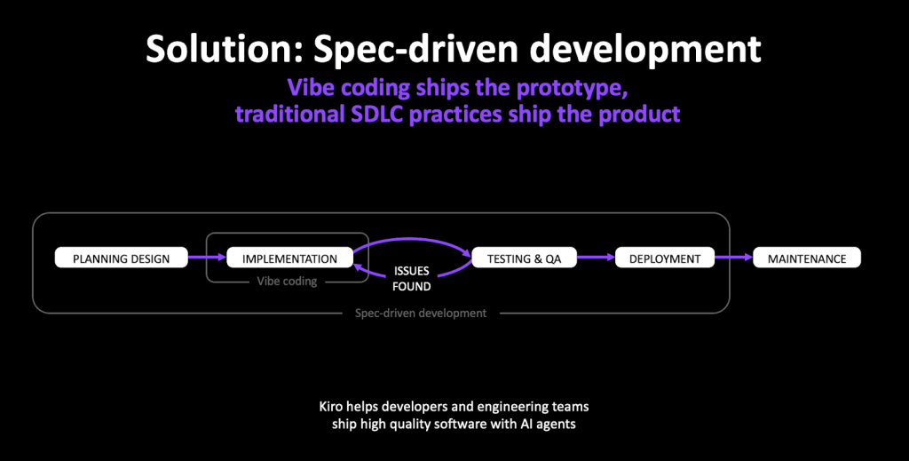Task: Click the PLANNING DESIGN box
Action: [121, 258]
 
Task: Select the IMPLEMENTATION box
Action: [290, 258]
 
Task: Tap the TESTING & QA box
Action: [524, 258]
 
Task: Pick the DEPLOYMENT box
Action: [665, 258]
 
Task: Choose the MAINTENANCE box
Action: [807, 258]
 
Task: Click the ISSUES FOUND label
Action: [412, 279]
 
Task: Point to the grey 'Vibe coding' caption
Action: [287, 282]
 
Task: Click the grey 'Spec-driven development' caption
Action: [421, 314]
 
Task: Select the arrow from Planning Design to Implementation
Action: [207, 258]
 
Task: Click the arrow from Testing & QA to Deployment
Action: [596, 258]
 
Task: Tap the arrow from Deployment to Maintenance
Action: [734, 258]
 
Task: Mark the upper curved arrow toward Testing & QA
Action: [412, 239]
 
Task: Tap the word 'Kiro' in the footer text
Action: [330, 406]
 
